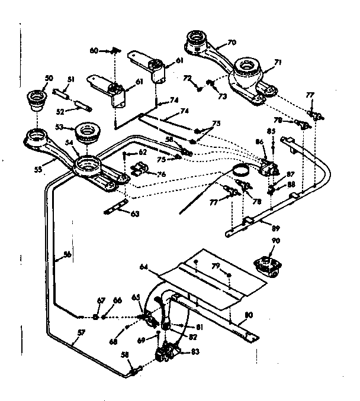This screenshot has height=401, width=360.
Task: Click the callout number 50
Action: pyautogui.click(x=49, y=78)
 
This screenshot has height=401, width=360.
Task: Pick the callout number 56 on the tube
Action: pyautogui.click(x=67, y=255)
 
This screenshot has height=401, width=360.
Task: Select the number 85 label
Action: pyautogui.click(x=271, y=131)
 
